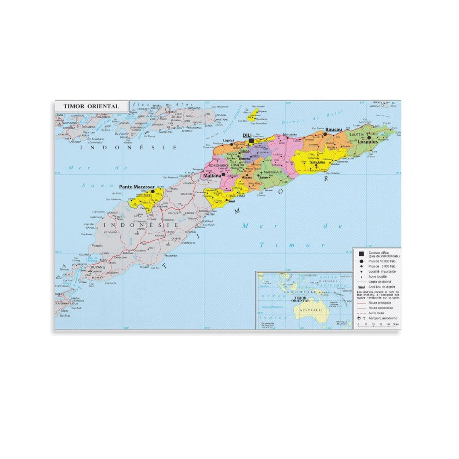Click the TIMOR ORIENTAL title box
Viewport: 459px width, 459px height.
[91, 106]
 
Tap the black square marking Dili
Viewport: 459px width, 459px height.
[252, 141]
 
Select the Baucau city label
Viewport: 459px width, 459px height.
[334, 130]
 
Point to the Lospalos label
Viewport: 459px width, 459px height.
[367, 142]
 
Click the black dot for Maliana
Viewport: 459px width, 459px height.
[223, 174]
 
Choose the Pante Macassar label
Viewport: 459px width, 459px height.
[137, 187]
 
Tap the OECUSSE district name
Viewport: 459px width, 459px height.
[143, 195]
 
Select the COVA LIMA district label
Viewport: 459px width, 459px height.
[236, 196]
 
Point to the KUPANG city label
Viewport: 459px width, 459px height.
[98, 267]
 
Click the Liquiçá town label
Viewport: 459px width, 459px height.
[229, 141]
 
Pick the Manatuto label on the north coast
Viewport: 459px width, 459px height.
[290, 135]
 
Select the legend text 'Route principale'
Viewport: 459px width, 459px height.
[380, 303]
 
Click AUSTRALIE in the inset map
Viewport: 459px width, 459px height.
[311, 310]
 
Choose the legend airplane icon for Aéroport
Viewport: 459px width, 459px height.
[359, 318]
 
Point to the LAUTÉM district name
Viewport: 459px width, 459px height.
[357, 135]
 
